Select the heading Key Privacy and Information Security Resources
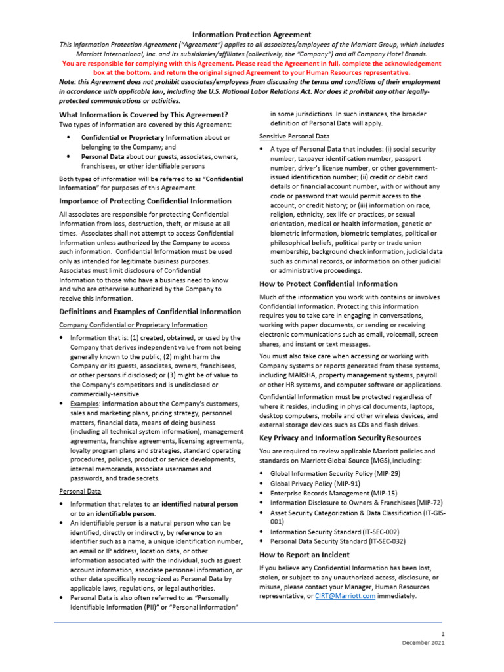coord(340,437)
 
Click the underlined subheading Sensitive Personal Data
coord(294,136)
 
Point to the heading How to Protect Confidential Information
coord(328,283)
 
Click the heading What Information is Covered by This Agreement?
coord(144,115)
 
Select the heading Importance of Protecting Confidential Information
coord(145,201)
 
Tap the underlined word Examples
coord(85,403)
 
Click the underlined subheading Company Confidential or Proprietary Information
coord(133,325)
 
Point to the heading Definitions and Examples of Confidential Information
coord(150,311)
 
